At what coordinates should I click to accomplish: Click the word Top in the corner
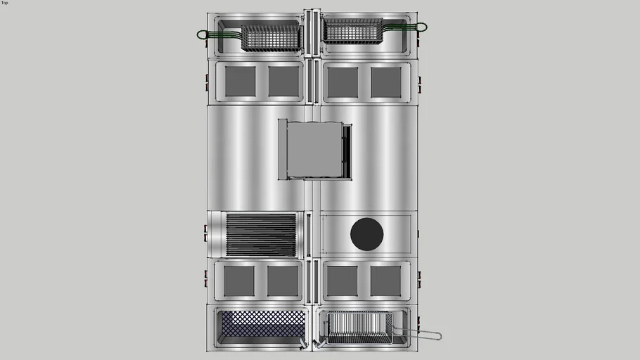(x=4, y=3)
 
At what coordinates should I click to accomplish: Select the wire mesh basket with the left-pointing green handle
(x=271, y=38)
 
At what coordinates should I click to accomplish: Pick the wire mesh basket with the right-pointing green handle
(x=353, y=31)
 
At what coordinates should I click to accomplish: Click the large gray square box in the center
(x=314, y=149)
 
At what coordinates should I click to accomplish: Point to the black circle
(x=366, y=234)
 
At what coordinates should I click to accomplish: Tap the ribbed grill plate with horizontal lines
(x=261, y=235)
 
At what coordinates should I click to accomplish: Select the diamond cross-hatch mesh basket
(x=263, y=323)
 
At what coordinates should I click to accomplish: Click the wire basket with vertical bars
(x=359, y=328)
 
